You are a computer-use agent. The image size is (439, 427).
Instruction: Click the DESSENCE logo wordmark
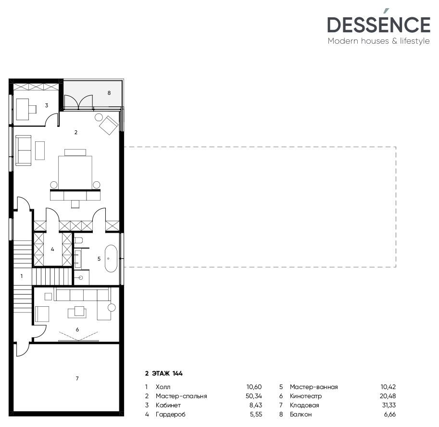[x=378, y=25]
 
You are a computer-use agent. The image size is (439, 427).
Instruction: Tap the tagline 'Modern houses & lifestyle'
[x=378, y=41]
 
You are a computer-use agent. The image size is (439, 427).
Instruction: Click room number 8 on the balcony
[x=109, y=92]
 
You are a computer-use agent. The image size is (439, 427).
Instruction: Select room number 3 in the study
[x=47, y=105]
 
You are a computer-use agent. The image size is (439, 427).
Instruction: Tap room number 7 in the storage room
[x=77, y=379]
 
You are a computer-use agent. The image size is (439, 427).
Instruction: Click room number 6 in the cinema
[x=77, y=329]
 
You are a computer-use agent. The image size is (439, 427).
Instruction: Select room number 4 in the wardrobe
[x=52, y=249]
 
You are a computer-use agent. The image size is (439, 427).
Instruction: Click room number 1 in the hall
[x=22, y=276]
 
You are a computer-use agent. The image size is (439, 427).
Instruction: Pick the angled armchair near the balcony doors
[x=109, y=125]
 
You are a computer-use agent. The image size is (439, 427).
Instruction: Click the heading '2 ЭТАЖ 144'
[x=165, y=373]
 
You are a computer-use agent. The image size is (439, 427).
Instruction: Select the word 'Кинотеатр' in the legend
[x=306, y=396]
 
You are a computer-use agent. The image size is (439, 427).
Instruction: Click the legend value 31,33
[x=387, y=405]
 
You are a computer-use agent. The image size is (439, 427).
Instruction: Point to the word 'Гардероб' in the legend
[x=170, y=414]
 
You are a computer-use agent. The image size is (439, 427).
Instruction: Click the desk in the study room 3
[x=24, y=109]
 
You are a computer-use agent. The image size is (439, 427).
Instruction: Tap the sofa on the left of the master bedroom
[x=23, y=150]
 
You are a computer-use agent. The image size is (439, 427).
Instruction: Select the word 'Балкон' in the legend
[x=301, y=414]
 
